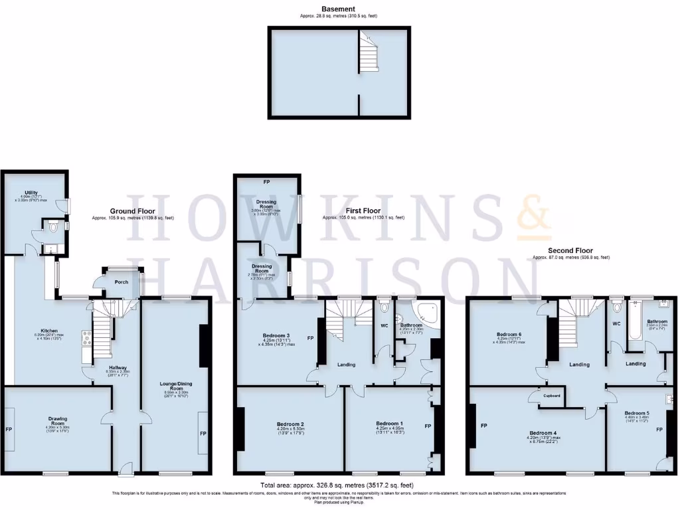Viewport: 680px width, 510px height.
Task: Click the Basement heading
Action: [340, 9]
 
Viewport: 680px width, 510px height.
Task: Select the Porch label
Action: [122, 282]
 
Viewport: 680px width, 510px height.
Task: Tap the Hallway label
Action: [122, 366]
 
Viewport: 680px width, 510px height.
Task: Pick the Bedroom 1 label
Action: [389, 424]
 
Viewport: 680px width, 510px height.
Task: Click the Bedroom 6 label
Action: [511, 334]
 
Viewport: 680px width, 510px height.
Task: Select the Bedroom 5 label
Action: [637, 412]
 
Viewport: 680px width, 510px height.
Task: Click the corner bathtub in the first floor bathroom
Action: [427, 314]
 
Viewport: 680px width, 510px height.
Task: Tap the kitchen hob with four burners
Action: [86, 339]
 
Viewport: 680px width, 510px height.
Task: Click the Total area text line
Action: [340, 485]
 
